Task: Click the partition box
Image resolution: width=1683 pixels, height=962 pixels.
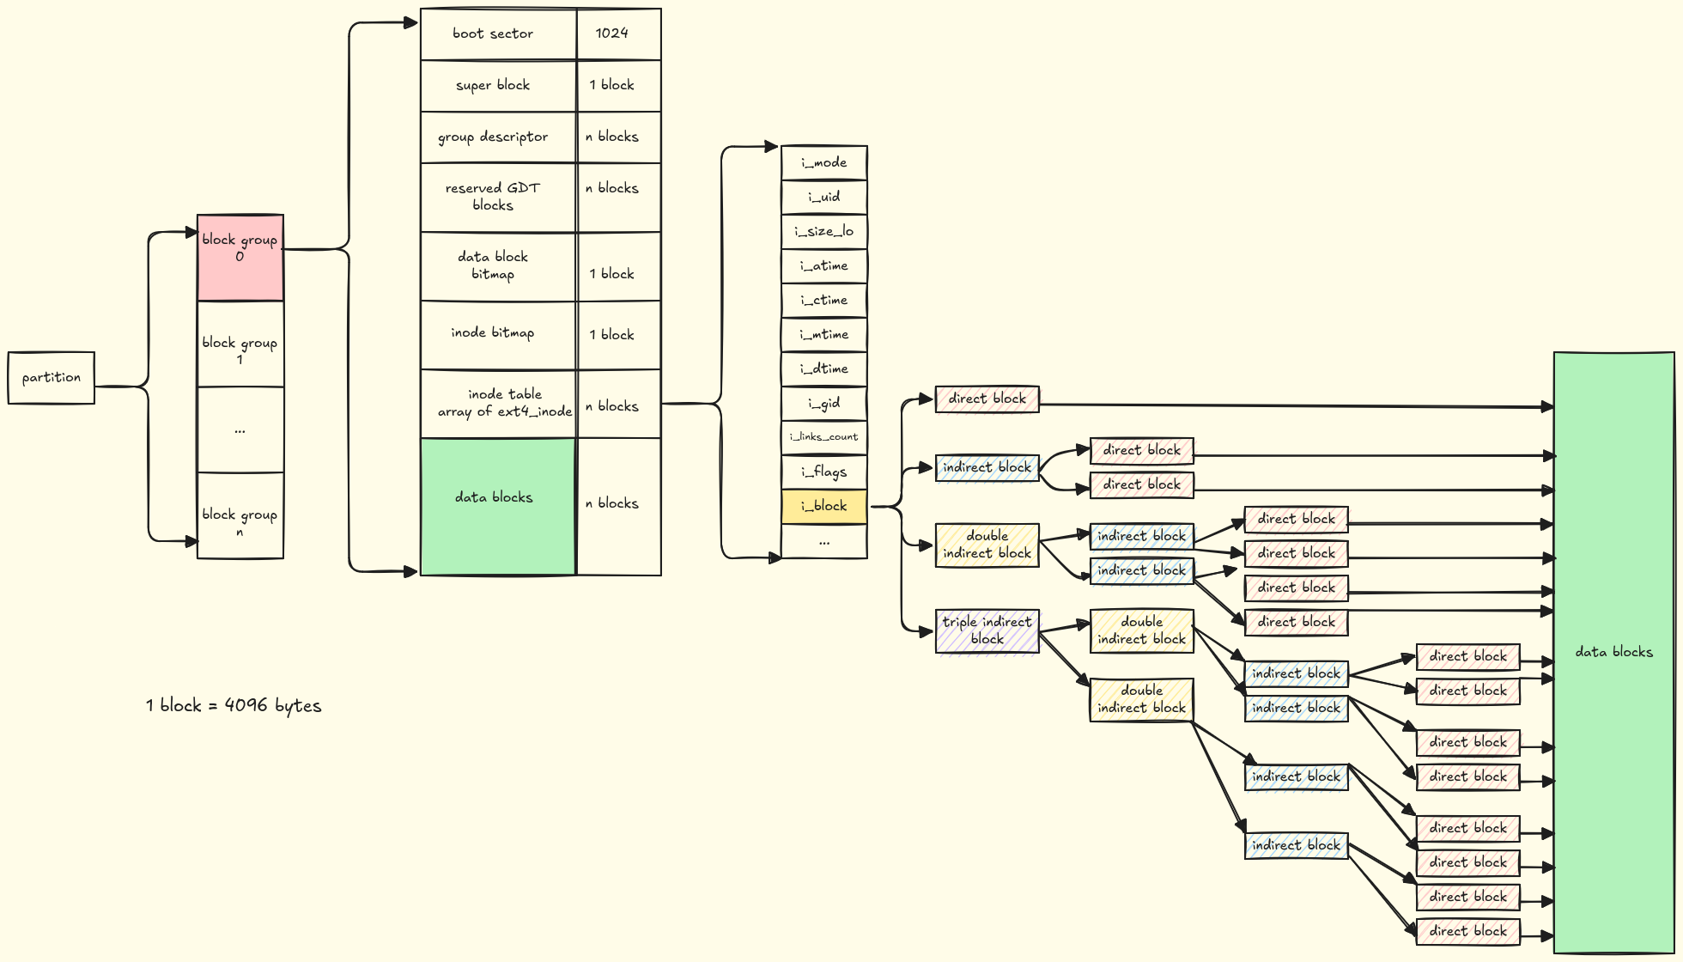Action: tap(52, 378)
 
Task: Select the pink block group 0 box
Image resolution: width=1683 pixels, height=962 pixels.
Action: tap(240, 258)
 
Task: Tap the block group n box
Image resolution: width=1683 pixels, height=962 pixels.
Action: tap(240, 515)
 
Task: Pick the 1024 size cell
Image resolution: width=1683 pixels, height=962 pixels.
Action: tap(618, 34)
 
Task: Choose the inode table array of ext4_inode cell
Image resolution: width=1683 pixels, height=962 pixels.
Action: tap(497, 404)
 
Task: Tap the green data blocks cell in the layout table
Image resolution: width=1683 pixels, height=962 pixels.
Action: tap(497, 507)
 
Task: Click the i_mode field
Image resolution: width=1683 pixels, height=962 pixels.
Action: tap(824, 163)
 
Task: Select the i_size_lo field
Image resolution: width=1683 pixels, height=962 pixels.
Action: tap(824, 232)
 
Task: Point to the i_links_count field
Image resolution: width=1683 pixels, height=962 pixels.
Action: tap(824, 437)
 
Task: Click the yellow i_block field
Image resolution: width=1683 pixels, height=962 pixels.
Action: tap(824, 507)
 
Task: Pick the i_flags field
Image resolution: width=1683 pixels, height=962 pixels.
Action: tap(824, 472)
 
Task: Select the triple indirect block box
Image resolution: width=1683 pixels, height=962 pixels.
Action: tap(987, 631)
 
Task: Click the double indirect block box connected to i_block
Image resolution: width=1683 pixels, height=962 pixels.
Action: tap(987, 545)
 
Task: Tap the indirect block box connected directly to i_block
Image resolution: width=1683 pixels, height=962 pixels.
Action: tap(987, 468)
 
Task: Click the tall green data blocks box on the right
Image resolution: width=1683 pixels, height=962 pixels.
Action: tap(1614, 653)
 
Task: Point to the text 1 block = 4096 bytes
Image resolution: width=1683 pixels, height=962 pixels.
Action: tap(234, 706)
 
